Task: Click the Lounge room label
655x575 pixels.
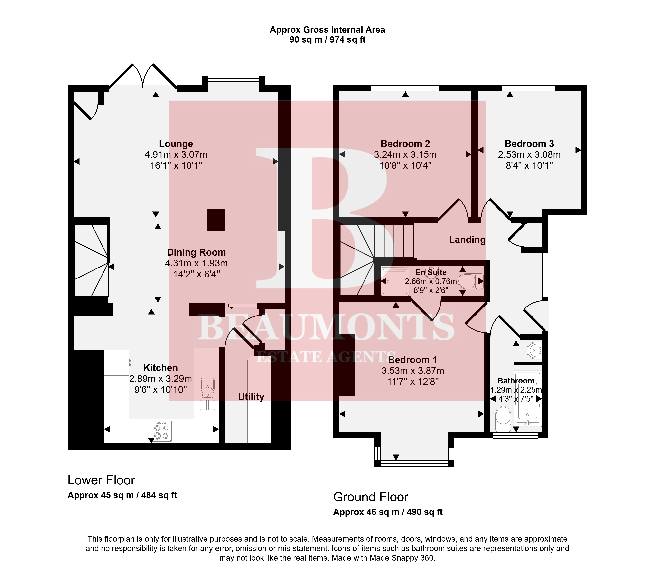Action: coord(176,144)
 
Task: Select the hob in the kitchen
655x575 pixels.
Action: coord(161,431)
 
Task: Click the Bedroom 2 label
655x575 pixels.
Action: coord(405,144)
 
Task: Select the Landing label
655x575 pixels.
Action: coord(467,240)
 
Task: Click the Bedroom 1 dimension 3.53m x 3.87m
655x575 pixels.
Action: coord(413,371)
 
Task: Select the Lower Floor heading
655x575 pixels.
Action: coord(101,480)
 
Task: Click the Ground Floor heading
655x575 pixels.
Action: coord(371,497)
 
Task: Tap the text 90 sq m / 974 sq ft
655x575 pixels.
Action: coord(327,40)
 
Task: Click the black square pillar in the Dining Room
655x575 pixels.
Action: coord(216,220)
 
